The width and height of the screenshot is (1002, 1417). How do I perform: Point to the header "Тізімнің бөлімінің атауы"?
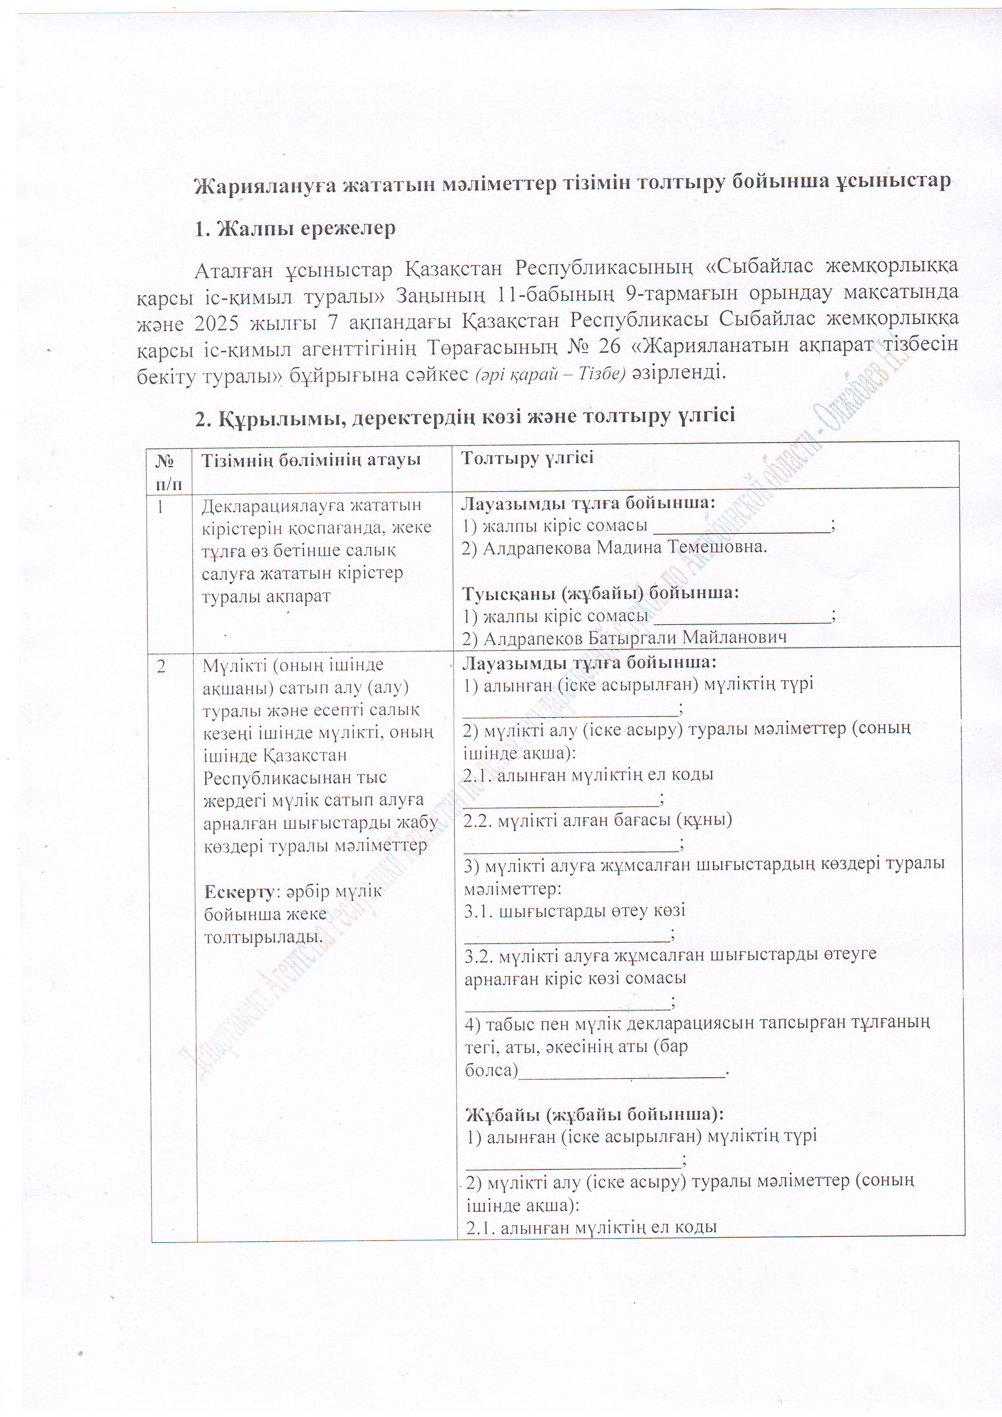(x=311, y=460)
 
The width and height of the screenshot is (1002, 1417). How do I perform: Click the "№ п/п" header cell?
(x=168, y=472)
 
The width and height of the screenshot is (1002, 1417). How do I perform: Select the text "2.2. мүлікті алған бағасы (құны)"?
(x=598, y=820)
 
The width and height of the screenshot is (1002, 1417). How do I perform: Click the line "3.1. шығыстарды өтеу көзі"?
(x=574, y=911)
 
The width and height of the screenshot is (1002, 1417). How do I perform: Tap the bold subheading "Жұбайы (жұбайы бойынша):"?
(x=594, y=1114)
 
